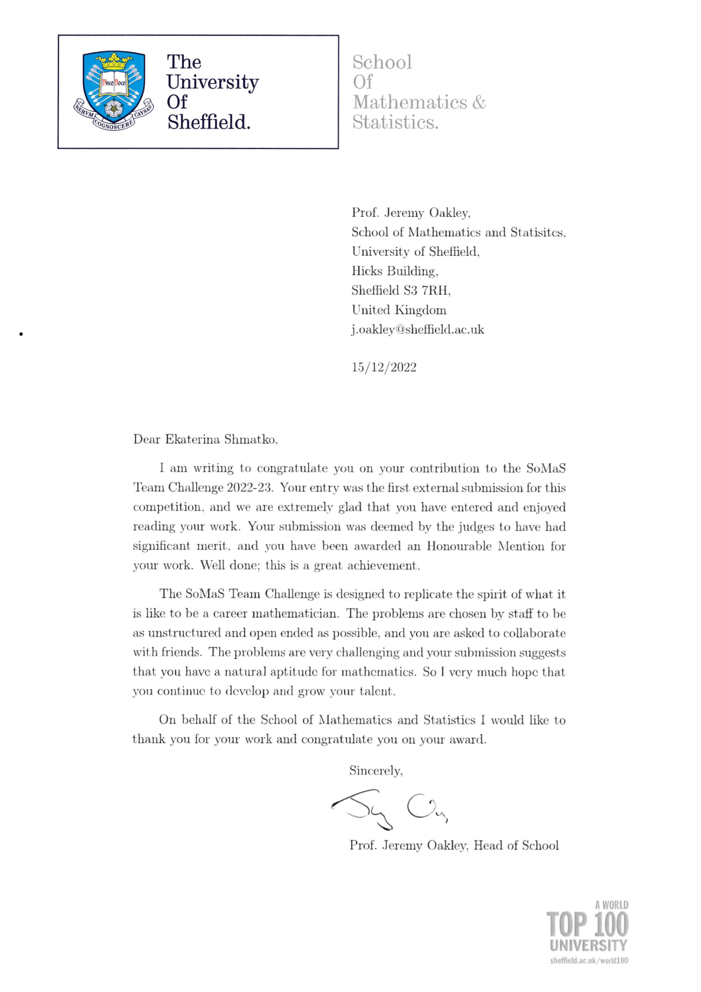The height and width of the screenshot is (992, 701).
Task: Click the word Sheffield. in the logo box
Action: pyautogui.click(x=209, y=122)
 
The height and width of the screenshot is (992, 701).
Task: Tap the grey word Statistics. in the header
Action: pyautogui.click(x=395, y=122)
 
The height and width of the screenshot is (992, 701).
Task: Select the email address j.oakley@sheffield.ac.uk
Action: pyautogui.click(x=418, y=329)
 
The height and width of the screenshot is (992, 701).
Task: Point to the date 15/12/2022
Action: pyautogui.click(x=384, y=367)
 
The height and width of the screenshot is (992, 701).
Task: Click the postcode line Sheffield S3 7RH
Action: pyautogui.click(x=401, y=291)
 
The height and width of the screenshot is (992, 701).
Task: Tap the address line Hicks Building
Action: pyautogui.click(x=395, y=271)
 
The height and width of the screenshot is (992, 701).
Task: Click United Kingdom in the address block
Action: pyautogui.click(x=399, y=310)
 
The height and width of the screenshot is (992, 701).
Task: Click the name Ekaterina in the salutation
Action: pyautogui.click(x=193, y=439)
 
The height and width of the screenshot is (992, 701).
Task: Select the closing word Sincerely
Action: pyautogui.click(x=375, y=771)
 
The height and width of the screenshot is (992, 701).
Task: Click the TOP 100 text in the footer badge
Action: pyautogui.click(x=587, y=925)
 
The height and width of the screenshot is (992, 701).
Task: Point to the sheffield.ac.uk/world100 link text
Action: pyautogui.click(x=588, y=961)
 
